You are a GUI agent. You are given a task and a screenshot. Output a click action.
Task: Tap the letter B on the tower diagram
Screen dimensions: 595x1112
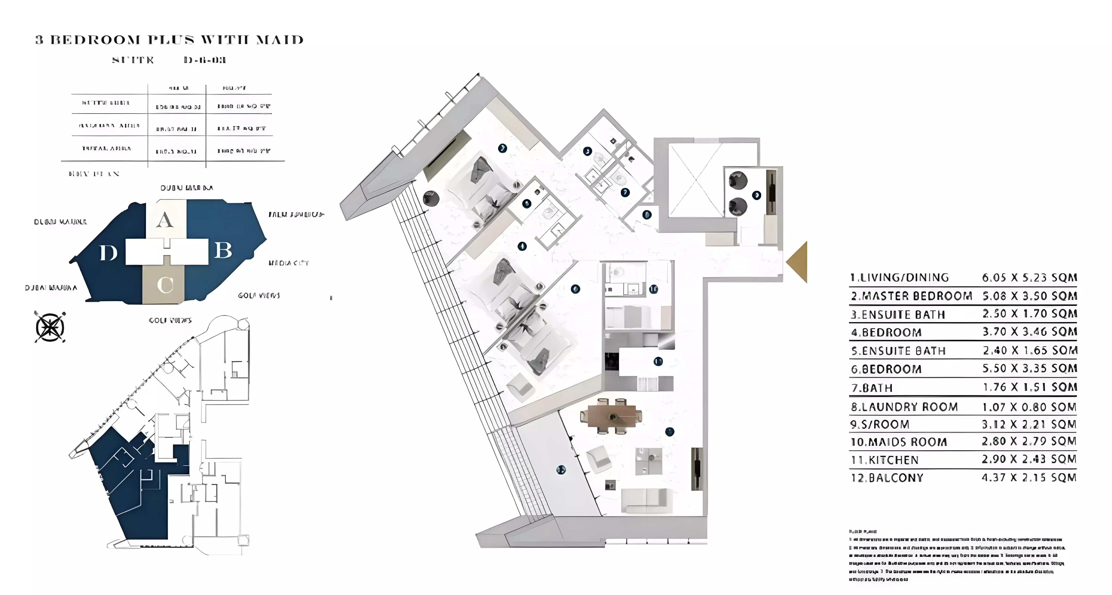223,250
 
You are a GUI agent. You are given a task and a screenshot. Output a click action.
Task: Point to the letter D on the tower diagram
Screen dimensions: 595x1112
108,253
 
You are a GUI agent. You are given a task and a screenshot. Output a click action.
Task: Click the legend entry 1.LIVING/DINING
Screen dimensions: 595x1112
899,278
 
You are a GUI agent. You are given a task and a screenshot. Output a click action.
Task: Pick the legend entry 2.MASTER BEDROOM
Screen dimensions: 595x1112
911,296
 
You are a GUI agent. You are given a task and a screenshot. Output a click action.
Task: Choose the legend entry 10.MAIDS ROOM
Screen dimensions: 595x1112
898,442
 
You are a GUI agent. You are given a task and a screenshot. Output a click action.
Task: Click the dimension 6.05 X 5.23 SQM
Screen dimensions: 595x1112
1029,278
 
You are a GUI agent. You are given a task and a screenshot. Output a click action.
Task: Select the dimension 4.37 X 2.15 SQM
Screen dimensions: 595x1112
1029,477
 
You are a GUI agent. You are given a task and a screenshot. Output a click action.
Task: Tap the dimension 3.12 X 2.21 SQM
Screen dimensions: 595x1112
1029,424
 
